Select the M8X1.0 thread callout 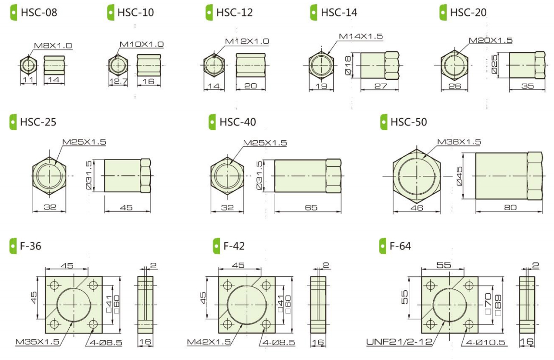pyautogui.click(x=53, y=46)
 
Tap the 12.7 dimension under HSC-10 pyautogui.click(x=118, y=81)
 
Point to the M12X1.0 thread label pyautogui.click(x=247, y=41)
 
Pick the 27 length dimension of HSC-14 pyautogui.click(x=380, y=86)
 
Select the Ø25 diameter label pyautogui.click(x=494, y=64)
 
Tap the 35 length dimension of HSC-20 pyautogui.click(x=527, y=86)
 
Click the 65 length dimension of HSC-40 pyautogui.click(x=311, y=207)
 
